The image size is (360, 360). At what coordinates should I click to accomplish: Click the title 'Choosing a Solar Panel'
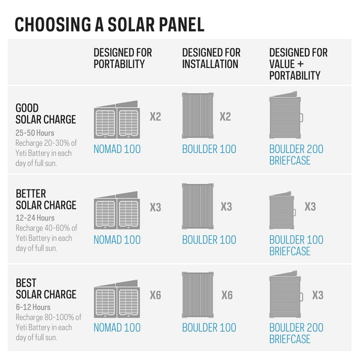[x=109, y=25]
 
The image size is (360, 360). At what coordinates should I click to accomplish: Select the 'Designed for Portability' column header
[x=124, y=58]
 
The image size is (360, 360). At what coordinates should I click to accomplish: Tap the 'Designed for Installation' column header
[x=211, y=58]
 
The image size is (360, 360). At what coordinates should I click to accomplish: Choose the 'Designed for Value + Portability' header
[x=298, y=64]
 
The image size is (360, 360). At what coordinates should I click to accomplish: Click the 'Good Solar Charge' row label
[x=46, y=113]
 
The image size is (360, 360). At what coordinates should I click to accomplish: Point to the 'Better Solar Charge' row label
[x=46, y=199]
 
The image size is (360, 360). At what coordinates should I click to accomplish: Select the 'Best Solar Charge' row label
[x=46, y=289]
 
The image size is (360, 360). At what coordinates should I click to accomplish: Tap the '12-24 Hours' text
[x=35, y=218]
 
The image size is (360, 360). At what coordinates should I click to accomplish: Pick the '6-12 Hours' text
[x=34, y=307]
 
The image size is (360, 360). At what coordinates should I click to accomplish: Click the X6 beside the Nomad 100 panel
[x=155, y=295]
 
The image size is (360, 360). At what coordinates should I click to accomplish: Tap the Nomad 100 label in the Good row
[x=117, y=149]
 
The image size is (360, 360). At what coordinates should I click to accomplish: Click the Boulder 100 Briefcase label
[x=296, y=245]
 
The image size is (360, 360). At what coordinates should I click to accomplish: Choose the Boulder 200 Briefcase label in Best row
[x=296, y=333]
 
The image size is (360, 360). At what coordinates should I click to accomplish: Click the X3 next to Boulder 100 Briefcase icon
[x=310, y=207]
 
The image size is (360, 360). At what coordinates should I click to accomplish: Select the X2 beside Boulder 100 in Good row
[x=225, y=117]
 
